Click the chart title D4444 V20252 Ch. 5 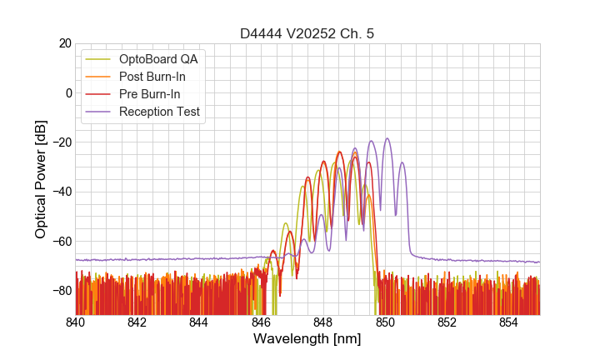click(x=307, y=33)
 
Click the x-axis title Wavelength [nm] click(x=307, y=339)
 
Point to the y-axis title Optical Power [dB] click(x=41, y=179)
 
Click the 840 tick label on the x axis click(x=76, y=322)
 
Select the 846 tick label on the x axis click(x=261, y=322)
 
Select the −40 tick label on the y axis click(x=60, y=192)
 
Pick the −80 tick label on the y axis click(x=60, y=291)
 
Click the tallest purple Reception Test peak click(x=387, y=139)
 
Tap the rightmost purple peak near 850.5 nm click(x=402, y=163)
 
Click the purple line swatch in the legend click(x=99, y=112)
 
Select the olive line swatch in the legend click(x=99, y=59)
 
